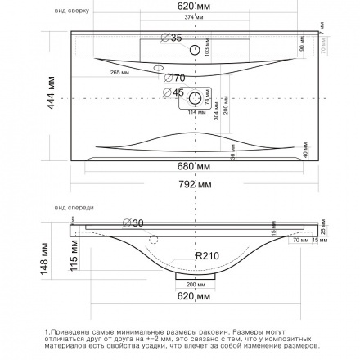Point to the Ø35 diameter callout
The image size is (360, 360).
pos(171,38)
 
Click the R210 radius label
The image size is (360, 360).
pos(208,256)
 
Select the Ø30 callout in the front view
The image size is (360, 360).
pos(133,223)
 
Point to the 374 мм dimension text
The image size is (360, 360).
pos(190,16)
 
